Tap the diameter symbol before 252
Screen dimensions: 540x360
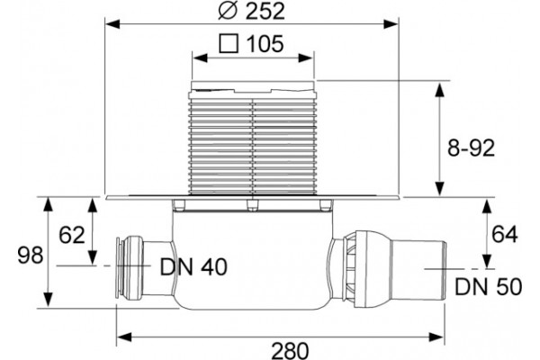coord(228,11)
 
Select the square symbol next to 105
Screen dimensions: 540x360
coord(229,43)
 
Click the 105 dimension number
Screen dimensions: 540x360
coord(265,44)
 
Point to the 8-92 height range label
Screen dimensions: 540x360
coord(471,148)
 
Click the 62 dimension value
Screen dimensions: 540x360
coord(72,235)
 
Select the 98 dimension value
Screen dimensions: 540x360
coord(31,256)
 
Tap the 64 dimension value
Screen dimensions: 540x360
coord(505,235)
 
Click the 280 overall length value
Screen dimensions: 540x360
coord(290,351)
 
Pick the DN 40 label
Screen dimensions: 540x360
coord(193,266)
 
